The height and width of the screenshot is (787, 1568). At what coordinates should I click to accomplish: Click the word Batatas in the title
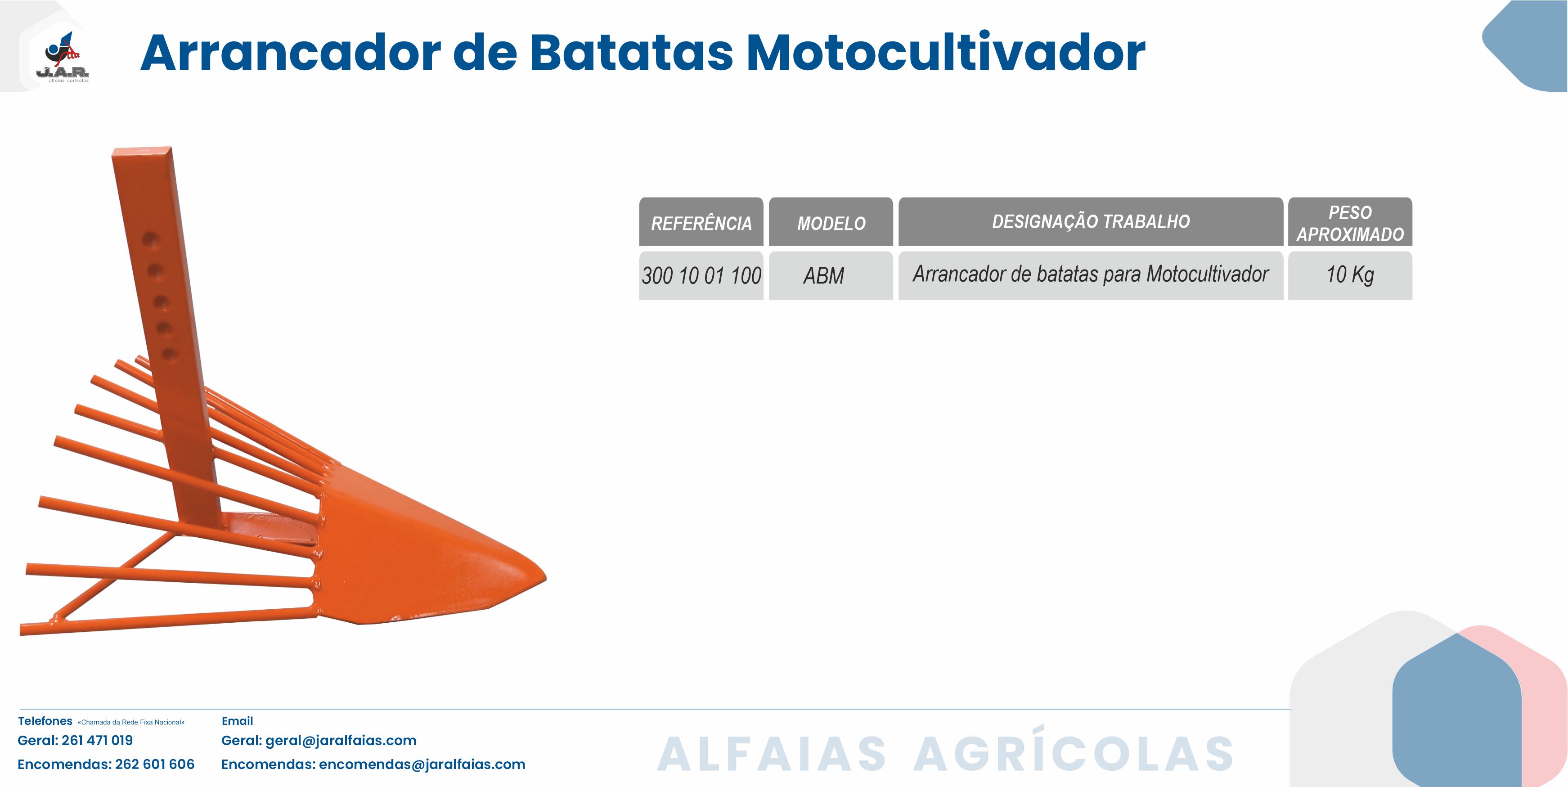pos(631,53)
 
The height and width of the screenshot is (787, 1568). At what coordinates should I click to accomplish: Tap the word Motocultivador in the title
pos(946,53)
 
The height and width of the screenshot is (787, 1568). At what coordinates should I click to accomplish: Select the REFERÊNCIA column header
pos(701,222)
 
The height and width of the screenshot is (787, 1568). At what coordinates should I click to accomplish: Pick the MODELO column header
pos(831,222)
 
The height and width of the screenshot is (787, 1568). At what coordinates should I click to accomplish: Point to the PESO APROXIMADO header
pos(1350,222)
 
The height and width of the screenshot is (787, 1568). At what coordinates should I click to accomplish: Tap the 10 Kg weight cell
pos(1350,275)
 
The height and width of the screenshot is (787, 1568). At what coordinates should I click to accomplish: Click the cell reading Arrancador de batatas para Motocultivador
pos(1091,274)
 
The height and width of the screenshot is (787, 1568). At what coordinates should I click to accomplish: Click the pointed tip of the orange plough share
pos(545,578)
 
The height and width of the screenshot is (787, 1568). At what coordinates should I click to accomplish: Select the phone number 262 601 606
pos(155,764)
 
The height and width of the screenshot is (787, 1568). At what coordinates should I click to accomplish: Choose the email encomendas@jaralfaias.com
pos(422,765)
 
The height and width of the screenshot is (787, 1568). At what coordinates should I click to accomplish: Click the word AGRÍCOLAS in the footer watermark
pos(1074,750)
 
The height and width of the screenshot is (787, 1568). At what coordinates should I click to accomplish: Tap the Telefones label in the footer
pos(45,721)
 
